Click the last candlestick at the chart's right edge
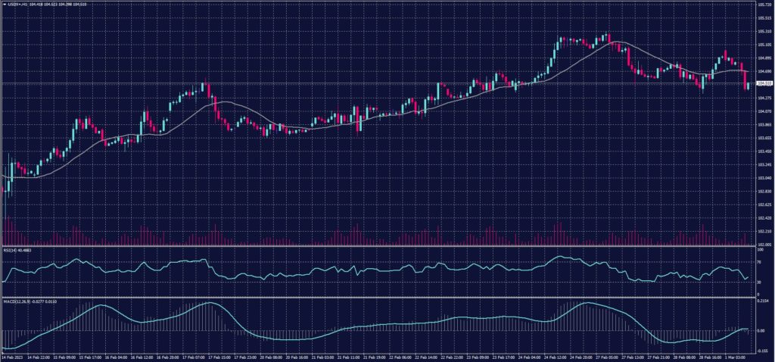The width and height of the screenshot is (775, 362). click(748, 86)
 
